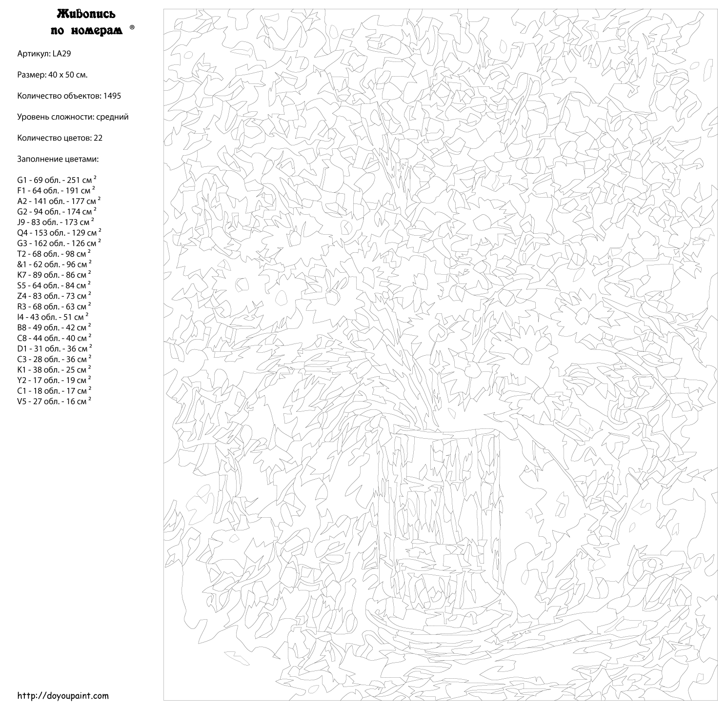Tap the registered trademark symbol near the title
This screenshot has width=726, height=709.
(132, 28)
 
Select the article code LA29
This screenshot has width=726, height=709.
(61, 54)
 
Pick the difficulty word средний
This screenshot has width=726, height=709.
(112, 117)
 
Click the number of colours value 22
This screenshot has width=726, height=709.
(98, 138)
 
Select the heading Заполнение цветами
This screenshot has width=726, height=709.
(58, 159)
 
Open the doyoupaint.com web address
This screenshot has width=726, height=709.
(63, 696)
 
